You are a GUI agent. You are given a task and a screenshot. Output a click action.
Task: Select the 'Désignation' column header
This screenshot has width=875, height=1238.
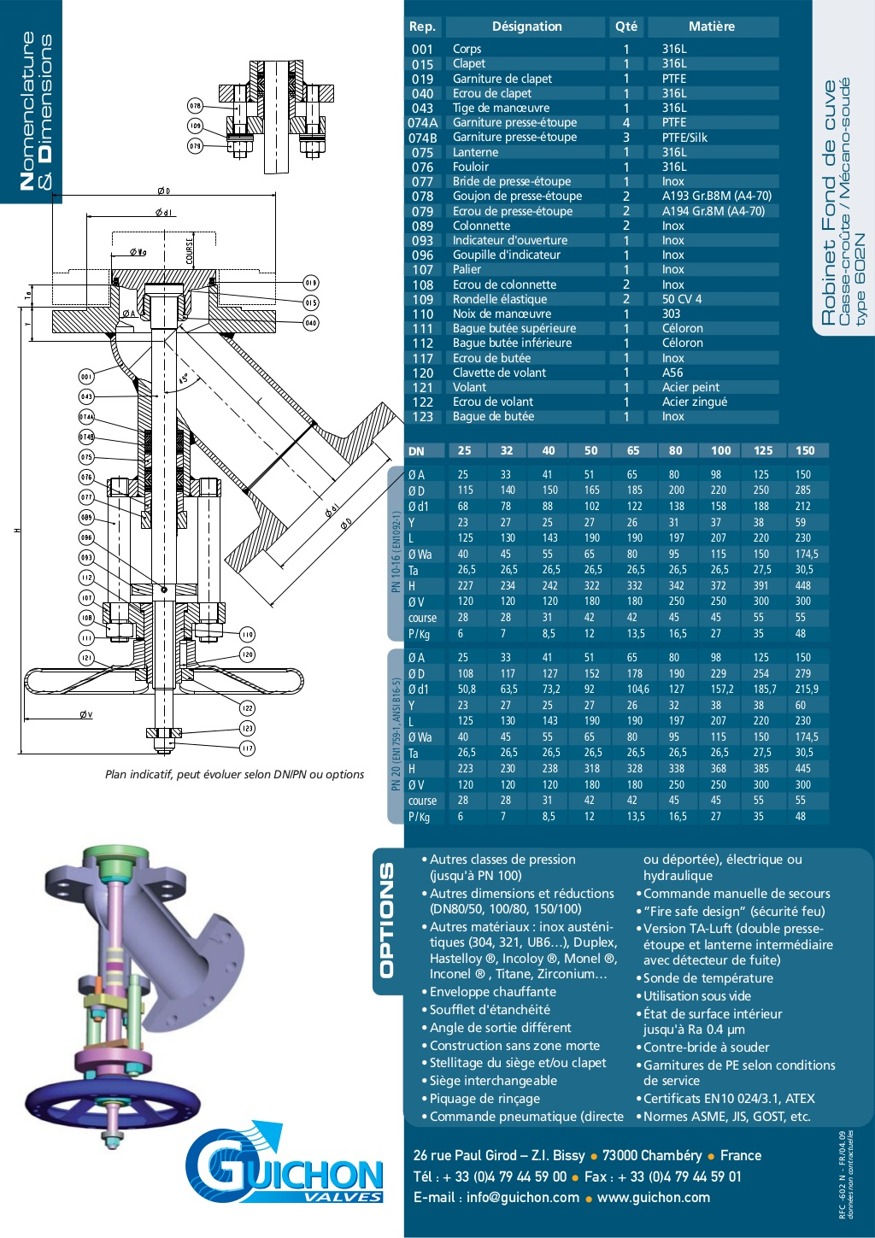pyautogui.click(x=526, y=26)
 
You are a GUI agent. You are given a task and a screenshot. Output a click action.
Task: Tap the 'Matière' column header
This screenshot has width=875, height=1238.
pyautogui.click(x=711, y=26)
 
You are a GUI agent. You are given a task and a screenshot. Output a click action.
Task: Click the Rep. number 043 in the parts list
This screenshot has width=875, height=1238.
pyautogui.click(x=422, y=109)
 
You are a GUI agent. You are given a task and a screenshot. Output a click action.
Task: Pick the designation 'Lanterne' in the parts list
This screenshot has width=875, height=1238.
pyautogui.click(x=475, y=152)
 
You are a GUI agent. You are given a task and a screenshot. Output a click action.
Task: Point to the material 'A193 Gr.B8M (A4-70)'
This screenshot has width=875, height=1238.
pyautogui.click(x=716, y=196)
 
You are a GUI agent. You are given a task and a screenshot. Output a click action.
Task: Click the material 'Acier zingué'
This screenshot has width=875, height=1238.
pyautogui.click(x=694, y=402)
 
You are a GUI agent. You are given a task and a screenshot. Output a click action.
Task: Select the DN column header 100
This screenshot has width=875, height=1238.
pyautogui.click(x=720, y=450)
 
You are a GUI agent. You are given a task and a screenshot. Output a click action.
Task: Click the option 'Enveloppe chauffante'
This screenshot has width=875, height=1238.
pyautogui.click(x=492, y=992)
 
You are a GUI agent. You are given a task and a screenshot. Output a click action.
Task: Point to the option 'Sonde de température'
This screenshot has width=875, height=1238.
pyautogui.click(x=708, y=978)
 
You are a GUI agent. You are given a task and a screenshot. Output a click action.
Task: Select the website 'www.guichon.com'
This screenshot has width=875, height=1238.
pyautogui.click(x=653, y=1197)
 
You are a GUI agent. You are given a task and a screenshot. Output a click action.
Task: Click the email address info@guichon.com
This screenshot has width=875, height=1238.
pyautogui.click(x=522, y=1197)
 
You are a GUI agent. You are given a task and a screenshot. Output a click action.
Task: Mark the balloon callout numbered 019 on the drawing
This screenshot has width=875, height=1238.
pyautogui.click(x=310, y=283)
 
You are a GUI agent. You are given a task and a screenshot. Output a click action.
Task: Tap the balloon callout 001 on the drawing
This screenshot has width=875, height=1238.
pyautogui.click(x=86, y=377)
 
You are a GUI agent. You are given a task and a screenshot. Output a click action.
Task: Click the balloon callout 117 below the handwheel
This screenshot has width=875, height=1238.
pyautogui.click(x=247, y=748)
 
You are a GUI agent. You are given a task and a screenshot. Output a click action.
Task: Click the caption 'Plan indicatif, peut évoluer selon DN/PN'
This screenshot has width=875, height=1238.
pyautogui.click(x=234, y=774)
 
